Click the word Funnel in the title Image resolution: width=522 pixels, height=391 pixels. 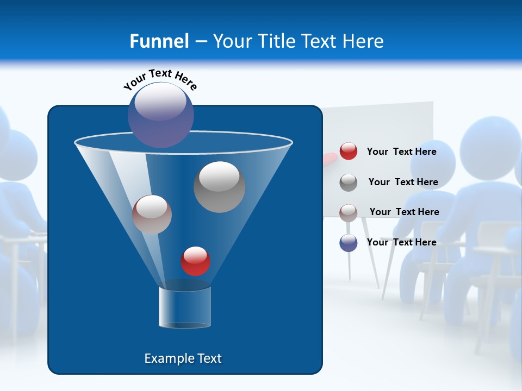click(x=159, y=41)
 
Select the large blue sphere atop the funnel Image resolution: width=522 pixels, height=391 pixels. click(x=161, y=115)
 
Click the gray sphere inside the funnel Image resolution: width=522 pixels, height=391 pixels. click(x=219, y=187)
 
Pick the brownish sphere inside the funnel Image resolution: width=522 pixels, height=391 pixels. click(x=152, y=215)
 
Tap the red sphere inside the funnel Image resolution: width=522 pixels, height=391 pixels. click(x=195, y=261)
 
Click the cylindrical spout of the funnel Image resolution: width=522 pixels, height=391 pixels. click(x=185, y=307)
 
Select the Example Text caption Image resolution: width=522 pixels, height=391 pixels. click(x=183, y=358)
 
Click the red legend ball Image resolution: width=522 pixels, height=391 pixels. click(x=349, y=152)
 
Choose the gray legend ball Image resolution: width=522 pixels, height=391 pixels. click(x=349, y=182)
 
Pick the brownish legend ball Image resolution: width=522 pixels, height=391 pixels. click(x=349, y=212)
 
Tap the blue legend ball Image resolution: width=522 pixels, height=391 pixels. click(x=349, y=243)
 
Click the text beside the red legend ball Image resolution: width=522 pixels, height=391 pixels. click(x=401, y=152)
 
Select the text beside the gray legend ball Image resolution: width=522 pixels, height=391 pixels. click(x=403, y=182)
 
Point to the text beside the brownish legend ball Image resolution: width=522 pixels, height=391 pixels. click(x=404, y=212)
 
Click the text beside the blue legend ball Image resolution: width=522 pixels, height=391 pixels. click(x=401, y=242)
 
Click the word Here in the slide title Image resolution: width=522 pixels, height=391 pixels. click(x=364, y=41)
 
